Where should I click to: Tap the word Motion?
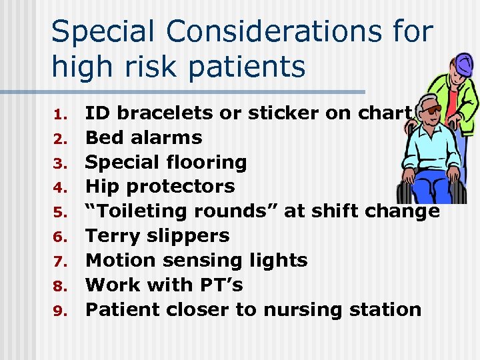click(117, 260)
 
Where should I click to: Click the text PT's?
click(220, 285)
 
